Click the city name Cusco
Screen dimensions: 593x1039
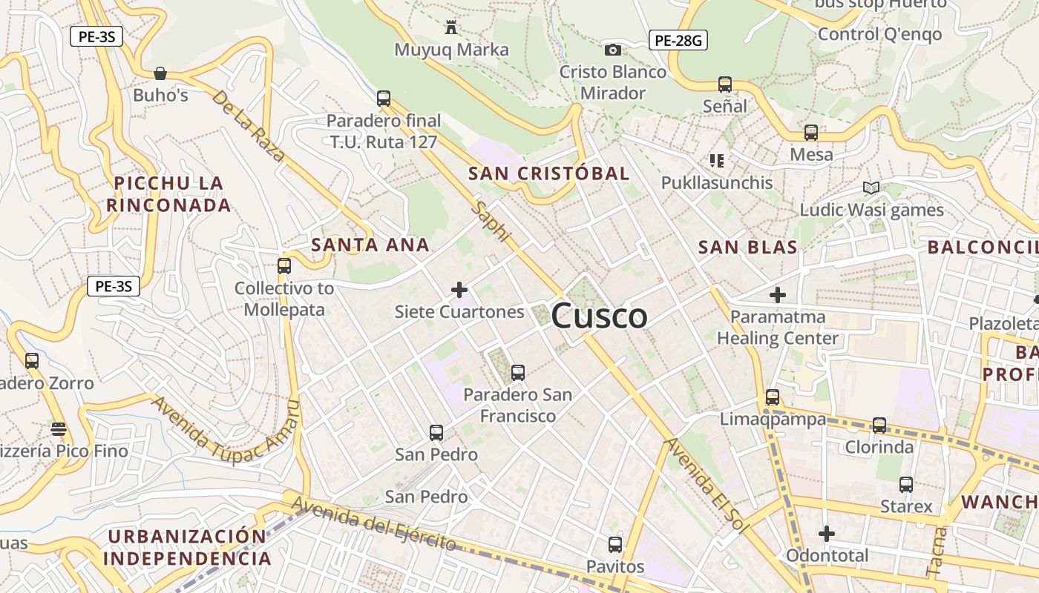[x=599, y=317]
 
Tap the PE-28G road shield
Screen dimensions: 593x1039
[x=678, y=40]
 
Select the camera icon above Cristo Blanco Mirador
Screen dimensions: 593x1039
[x=613, y=50]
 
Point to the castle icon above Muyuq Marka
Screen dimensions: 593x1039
[x=450, y=28]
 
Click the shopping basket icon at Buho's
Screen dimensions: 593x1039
[x=160, y=73]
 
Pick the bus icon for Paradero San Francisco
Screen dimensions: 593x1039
[x=518, y=372]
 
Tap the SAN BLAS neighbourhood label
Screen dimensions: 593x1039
[x=748, y=248]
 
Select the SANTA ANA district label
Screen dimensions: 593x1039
[x=370, y=245]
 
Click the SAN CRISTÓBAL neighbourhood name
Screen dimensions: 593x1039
[x=549, y=173]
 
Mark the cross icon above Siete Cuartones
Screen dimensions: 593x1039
[x=459, y=290]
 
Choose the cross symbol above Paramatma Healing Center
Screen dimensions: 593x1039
[x=777, y=295]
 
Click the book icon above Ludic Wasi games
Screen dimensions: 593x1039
[x=871, y=188]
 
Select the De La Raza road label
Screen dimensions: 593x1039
[x=248, y=126]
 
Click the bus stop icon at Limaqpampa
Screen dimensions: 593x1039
[x=773, y=397]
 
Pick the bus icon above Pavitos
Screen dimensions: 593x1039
[x=614, y=545]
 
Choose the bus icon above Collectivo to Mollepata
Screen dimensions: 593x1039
[x=283, y=265]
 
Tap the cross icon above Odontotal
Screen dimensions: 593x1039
[x=827, y=534]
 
